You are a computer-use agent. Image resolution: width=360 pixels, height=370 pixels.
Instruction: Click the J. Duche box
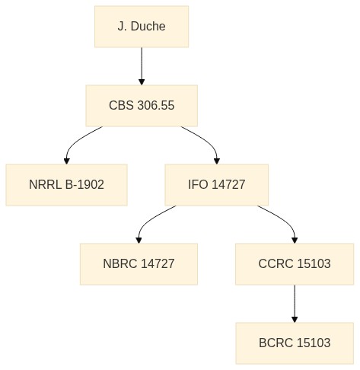tap(142, 27)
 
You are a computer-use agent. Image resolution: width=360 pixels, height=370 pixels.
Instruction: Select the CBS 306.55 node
tap(142, 106)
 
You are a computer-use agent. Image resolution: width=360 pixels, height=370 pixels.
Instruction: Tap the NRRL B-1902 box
tap(66, 185)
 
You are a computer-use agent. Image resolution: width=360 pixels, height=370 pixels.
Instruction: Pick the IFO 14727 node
tap(217, 185)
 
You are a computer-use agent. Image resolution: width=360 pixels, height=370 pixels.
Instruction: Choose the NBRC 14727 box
tap(139, 264)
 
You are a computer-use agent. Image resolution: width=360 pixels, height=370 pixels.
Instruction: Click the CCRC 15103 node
tap(295, 264)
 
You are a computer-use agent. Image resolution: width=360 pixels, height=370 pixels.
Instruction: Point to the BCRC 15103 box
tap(295, 343)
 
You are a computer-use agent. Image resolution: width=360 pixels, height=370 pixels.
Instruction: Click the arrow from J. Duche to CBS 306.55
tap(142, 66)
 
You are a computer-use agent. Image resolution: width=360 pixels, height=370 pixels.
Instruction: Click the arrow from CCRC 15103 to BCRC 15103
tap(295, 304)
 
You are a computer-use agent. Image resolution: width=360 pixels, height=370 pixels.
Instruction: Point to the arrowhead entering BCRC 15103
tap(295, 320)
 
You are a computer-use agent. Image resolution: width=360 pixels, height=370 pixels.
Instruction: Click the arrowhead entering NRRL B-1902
tap(67, 161)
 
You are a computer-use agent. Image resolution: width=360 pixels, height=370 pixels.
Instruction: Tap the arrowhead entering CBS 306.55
tap(142, 82)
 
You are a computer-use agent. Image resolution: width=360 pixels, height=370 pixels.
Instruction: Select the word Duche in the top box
tap(148, 27)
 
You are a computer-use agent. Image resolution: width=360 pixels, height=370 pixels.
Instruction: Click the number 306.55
tap(156, 105)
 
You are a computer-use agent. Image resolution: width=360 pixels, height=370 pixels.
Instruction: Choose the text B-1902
tap(84, 184)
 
